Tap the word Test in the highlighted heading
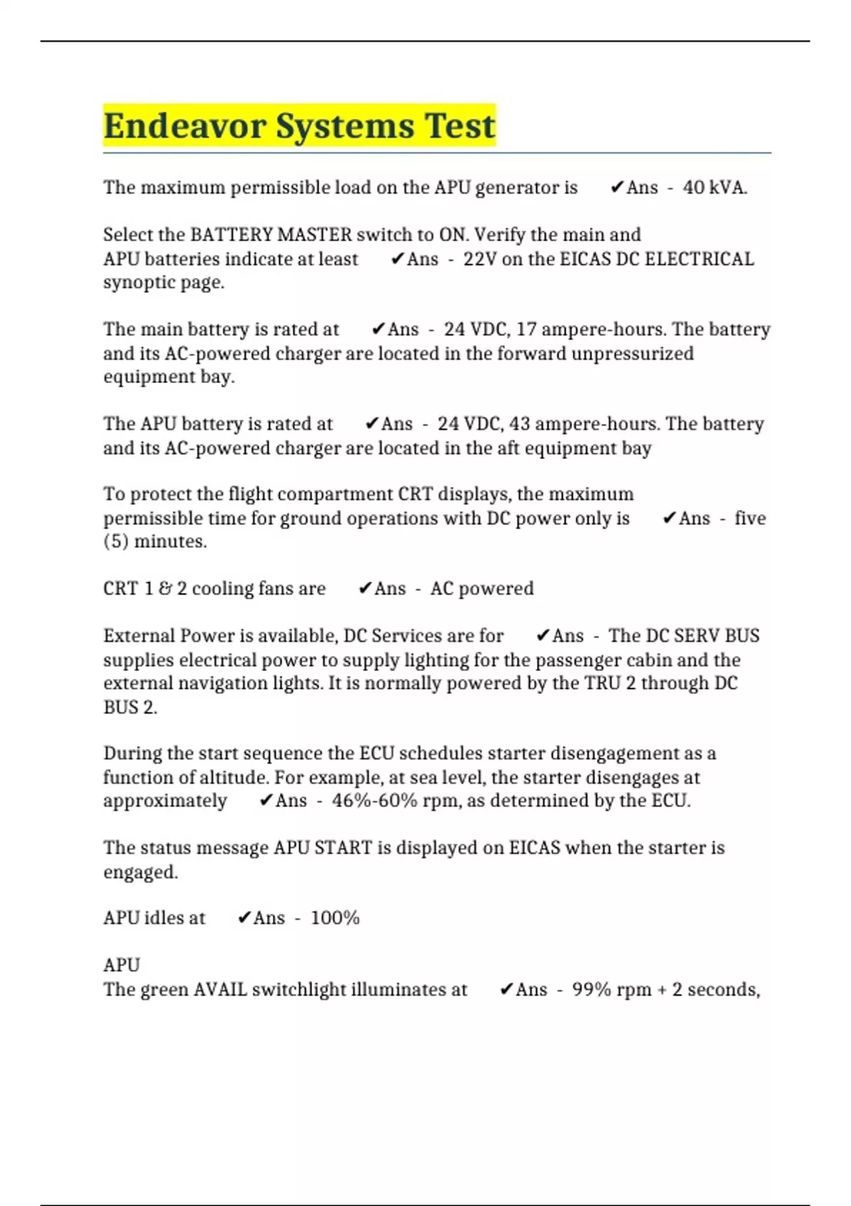point(460,126)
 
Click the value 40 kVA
point(714,187)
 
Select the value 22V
point(480,259)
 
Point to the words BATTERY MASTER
point(271,235)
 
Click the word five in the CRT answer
point(750,518)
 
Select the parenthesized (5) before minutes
point(116,541)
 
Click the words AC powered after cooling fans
point(482,588)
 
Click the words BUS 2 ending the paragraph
point(130,707)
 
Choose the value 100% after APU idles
point(335,918)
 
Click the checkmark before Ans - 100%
point(244,918)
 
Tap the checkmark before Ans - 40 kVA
point(617,187)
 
